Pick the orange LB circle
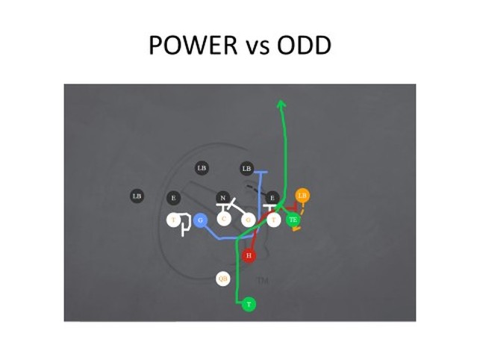302,196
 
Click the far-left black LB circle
137,196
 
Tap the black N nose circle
222,198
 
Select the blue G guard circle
200,220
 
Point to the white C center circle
224,220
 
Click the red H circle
249,256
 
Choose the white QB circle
222,279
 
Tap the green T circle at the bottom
249,304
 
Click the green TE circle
293,220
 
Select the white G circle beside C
249,220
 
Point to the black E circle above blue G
173,198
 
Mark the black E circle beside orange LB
272,198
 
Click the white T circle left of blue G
173,220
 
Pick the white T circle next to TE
273,220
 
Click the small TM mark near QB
262,281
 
